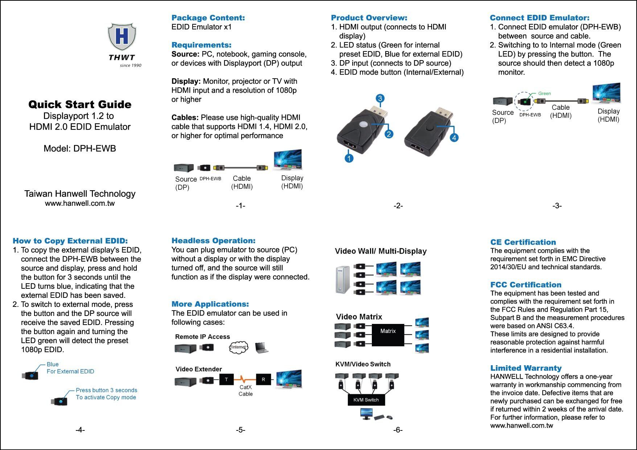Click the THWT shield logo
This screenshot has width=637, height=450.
122,37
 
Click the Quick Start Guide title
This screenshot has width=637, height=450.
80,105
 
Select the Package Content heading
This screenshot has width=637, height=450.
208,18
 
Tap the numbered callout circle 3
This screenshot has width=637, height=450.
379,99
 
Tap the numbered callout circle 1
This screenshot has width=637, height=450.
349,158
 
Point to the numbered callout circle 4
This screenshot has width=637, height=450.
454,137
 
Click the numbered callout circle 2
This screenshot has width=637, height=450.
389,134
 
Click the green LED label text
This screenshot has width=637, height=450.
544,93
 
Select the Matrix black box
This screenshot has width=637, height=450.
388,335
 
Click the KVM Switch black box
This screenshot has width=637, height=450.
366,400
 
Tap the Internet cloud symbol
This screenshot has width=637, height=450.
238,347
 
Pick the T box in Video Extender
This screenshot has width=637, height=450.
226,380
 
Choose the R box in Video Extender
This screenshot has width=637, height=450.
263,380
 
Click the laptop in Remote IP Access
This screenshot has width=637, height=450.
262,348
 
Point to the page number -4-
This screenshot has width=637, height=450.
80,430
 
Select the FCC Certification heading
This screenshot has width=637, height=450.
526,285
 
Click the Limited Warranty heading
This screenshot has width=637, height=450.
526,368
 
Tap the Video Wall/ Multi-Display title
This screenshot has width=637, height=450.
381,251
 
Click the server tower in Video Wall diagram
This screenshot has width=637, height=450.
343,280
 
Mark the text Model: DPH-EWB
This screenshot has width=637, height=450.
80,149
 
